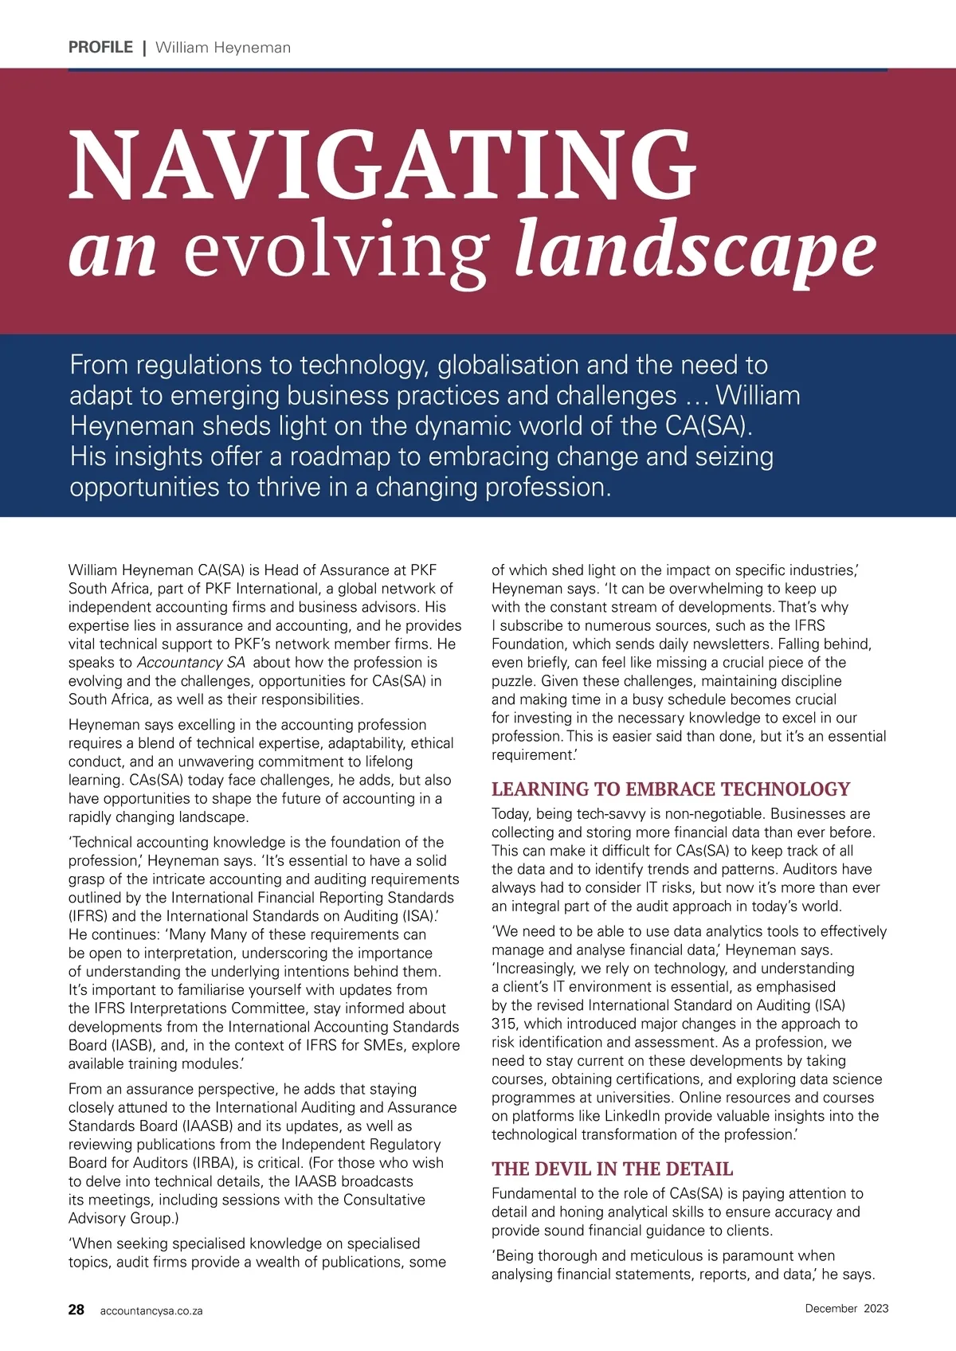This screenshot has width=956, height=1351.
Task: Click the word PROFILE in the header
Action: click(100, 47)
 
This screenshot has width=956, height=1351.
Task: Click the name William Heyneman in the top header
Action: click(223, 48)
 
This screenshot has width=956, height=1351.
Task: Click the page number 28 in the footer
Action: click(76, 1310)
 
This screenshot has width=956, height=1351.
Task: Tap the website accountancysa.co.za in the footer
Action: click(151, 1311)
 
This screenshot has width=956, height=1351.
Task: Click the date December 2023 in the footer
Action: click(846, 1308)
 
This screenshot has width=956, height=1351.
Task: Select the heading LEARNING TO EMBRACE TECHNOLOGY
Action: click(671, 789)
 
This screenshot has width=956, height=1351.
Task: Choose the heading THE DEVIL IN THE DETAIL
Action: click(612, 1169)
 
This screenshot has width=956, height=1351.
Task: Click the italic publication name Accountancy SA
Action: click(191, 663)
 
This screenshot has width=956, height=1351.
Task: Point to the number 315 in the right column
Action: click(503, 1024)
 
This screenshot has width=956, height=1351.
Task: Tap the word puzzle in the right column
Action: click(512, 681)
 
